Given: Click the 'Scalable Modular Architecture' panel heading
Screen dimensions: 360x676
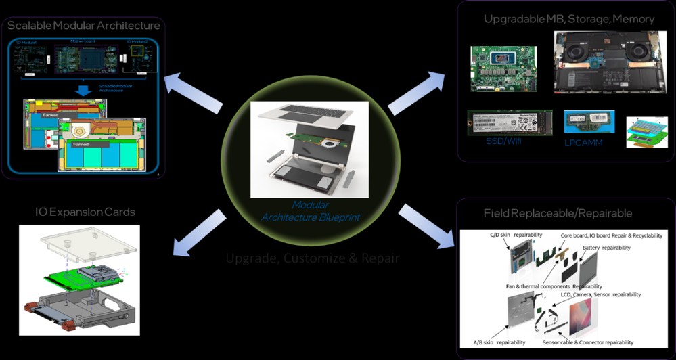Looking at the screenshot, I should point(84,26).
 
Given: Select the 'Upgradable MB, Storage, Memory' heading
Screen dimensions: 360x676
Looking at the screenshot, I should point(569,19).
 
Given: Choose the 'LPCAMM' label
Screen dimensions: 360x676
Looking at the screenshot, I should point(583,143).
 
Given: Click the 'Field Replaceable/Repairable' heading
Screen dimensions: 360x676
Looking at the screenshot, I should point(558,213).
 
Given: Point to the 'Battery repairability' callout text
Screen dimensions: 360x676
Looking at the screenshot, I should point(606,248).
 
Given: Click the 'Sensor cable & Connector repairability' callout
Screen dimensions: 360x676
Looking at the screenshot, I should point(588,343).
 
